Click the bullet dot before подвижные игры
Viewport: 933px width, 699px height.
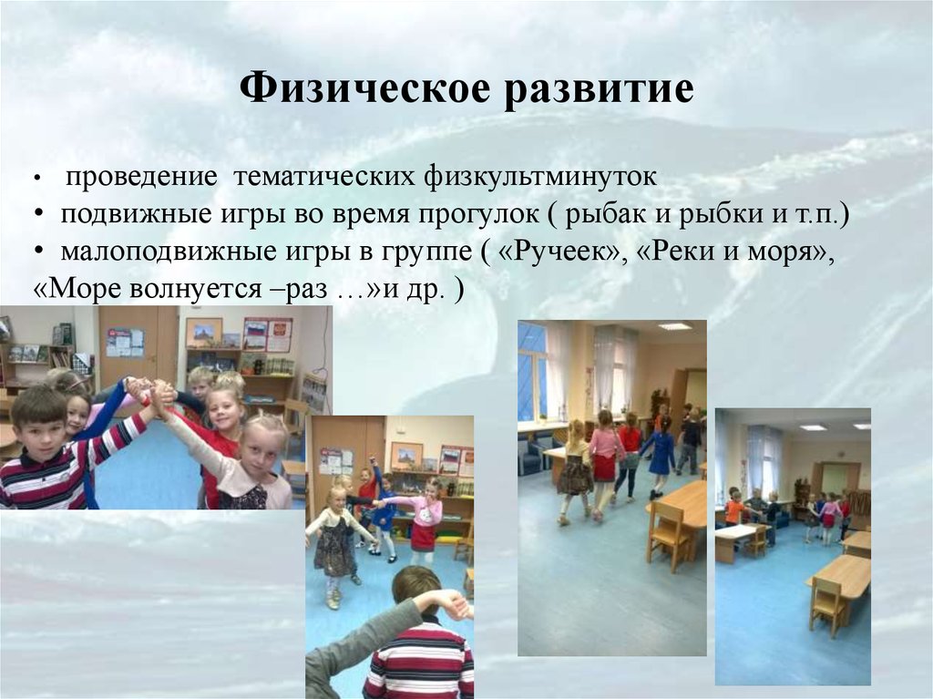click(x=42, y=214)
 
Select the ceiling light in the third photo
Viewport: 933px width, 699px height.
click(x=674, y=326)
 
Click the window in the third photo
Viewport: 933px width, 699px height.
click(x=532, y=374)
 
